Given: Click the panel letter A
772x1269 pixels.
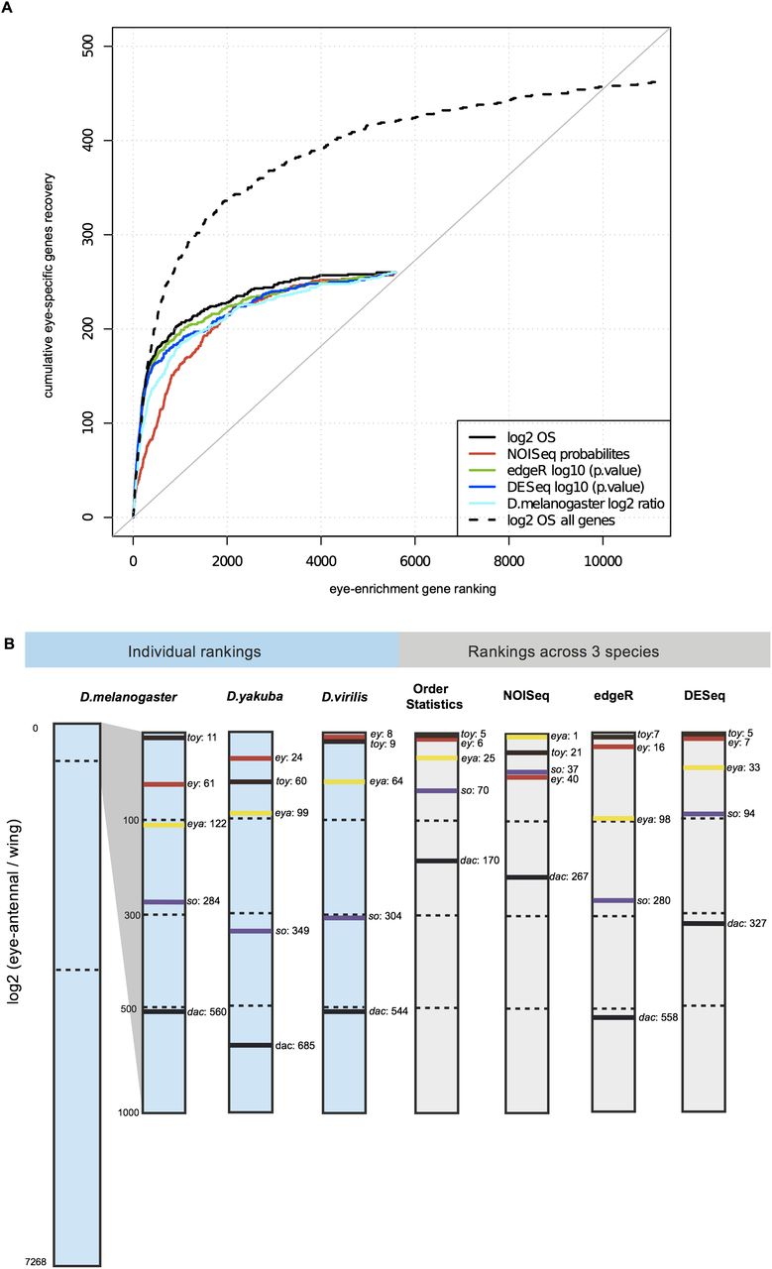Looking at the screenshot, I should click(8, 8).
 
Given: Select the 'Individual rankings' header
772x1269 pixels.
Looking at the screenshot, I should click(212, 652).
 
